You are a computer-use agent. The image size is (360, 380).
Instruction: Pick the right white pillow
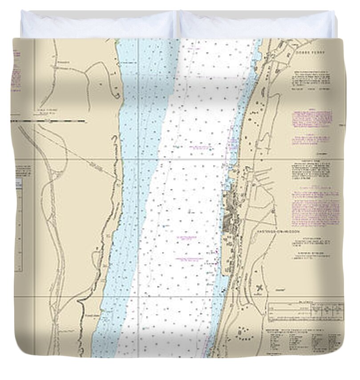(x=257, y=25)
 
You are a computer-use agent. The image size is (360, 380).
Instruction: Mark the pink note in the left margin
(x=16, y=69)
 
